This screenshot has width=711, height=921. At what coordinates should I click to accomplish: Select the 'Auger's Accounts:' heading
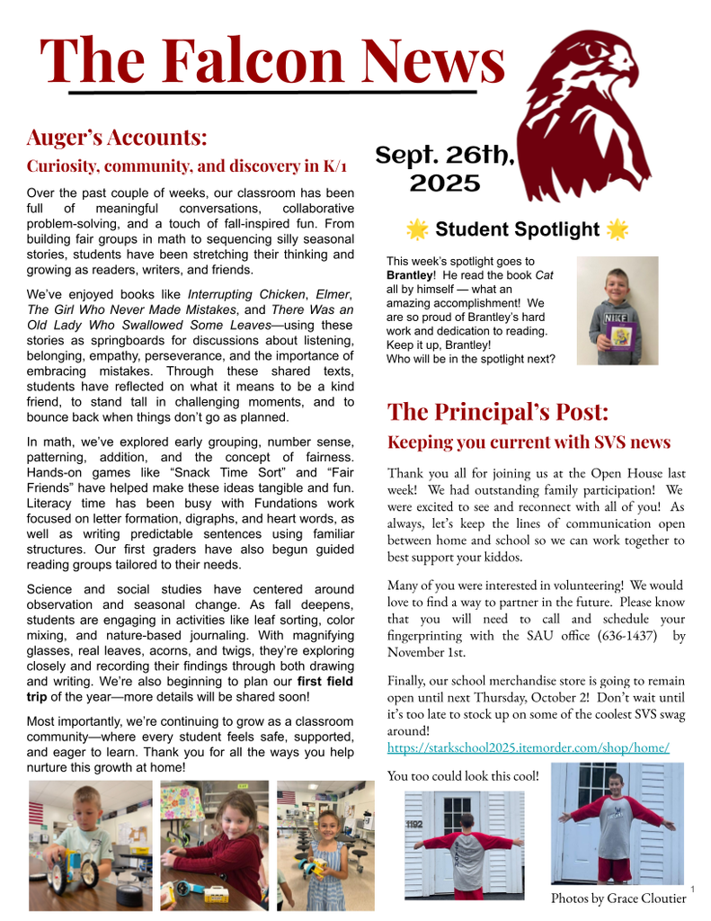point(117,138)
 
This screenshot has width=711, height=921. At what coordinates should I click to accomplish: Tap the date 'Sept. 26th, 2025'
point(445,169)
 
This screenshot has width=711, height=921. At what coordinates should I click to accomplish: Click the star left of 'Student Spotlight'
point(417,229)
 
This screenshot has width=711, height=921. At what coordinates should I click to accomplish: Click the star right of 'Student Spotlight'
point(617,229)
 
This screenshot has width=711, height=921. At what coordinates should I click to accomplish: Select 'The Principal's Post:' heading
point(497,412)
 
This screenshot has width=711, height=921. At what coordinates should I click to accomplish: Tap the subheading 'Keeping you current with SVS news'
point(529,443)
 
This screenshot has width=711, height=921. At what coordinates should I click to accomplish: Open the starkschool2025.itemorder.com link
point(528,747)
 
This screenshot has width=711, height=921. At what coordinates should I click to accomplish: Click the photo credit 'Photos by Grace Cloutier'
point(618,898)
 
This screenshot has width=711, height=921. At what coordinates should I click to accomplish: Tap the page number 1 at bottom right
point(693,890)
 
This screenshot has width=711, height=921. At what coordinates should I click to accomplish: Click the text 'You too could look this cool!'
point(463,775)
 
